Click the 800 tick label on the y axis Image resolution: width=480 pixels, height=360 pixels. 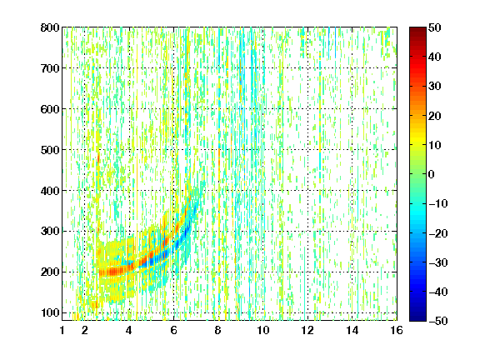(x=50, y=27)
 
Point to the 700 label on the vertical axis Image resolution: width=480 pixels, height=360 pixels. (x=50, y=68)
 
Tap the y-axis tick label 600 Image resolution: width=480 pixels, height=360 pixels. (x=50, y=109)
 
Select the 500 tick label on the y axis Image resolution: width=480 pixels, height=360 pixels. (x=50, y=150)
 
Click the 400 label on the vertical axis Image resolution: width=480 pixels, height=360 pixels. (x=50, y=191)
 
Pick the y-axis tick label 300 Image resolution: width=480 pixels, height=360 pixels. (x=50, y=231)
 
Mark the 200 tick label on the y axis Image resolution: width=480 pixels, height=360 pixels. (x=50, y=272)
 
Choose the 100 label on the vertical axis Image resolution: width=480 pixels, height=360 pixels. (x=50, y=312)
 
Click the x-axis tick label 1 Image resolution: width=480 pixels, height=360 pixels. (x=62, y=330)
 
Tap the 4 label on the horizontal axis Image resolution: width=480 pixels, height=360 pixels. (x=129, y=330)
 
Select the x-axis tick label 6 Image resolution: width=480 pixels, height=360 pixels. (x=173, y=330)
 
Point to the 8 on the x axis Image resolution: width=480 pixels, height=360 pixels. (x=218, y=330)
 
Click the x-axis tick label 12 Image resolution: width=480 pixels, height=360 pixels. (x=307, y=330)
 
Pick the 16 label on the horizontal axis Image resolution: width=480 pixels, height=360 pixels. (x=397, y=330)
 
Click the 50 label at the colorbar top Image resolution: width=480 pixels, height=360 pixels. (x=435, y=27)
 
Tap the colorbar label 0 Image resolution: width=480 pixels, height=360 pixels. (x=432, y=174)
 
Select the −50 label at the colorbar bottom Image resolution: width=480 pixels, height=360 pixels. (x=438, y=321)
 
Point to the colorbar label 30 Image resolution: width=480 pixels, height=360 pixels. (x=435, y=87)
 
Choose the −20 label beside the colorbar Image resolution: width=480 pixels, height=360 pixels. (x=438, y=233)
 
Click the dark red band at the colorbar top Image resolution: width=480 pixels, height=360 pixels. (x=417, y=32)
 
